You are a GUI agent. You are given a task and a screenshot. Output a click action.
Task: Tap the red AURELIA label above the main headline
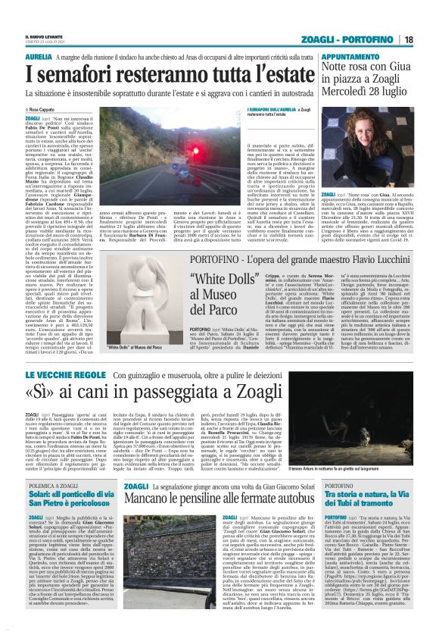(x=39, y=57)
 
